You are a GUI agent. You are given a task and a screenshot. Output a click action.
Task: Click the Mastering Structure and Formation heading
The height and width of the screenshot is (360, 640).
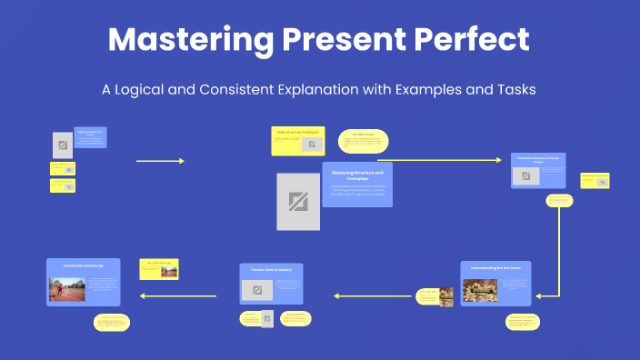click(x=357, y=175)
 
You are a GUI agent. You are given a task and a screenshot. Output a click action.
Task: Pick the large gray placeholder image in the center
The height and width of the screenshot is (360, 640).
click(x=298, y=201)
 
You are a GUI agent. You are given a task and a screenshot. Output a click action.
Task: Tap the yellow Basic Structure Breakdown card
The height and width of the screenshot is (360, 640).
click(x=297, y=141)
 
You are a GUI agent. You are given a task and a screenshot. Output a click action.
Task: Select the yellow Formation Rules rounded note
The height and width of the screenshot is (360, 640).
click(x=364, y=141)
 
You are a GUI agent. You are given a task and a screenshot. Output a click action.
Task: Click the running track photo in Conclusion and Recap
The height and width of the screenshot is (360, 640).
click(x=66, y=289)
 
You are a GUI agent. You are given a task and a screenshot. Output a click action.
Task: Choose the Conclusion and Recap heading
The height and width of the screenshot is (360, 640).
click(x=83, y=265)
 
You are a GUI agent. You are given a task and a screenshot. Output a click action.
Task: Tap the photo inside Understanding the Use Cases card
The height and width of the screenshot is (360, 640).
click(x=480, y=290)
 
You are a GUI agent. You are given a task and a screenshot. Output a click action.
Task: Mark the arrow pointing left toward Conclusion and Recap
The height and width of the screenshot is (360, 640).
click(x=177, y=295)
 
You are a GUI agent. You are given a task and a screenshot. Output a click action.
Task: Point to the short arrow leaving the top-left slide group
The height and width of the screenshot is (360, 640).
click(x=160, y=161)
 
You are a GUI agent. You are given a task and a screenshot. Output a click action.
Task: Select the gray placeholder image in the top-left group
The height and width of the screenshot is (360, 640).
click(x=62, y=145)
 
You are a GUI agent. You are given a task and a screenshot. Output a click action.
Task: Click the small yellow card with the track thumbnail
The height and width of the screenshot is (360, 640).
click(x=159, y=269)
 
